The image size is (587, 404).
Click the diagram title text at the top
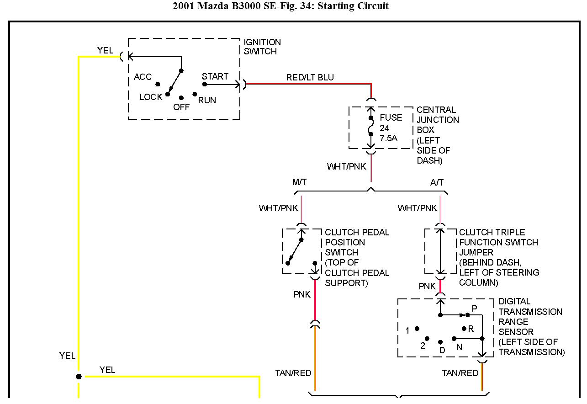tap(280, 6)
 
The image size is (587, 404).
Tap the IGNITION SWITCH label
tap(262, 47)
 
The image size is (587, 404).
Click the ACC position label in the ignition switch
tap(143, 77)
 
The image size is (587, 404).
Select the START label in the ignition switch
tap(215, 76)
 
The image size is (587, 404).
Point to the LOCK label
tap(151, 97)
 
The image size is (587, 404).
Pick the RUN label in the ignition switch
tap(207, 100)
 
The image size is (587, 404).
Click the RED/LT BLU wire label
tap(310, 77)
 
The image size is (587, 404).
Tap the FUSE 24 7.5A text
tap(391, 128)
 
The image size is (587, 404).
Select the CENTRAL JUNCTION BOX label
tap(438, 135)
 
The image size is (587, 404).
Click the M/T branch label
tap(299, 182)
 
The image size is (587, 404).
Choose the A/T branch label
tap(437, 182)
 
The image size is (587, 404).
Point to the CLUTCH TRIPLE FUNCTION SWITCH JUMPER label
tap(498, 257)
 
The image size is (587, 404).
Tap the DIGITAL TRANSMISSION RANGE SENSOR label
tap(530, 327)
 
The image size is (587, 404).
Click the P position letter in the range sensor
tap(474, 309)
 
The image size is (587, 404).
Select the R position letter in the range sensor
tap(471, 329)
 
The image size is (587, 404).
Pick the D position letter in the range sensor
tap(442, 349)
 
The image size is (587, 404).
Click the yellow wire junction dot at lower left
tap(79, 377)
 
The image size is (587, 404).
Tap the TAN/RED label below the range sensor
tap(460, 373)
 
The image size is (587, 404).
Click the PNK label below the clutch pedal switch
tap(302, 295)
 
